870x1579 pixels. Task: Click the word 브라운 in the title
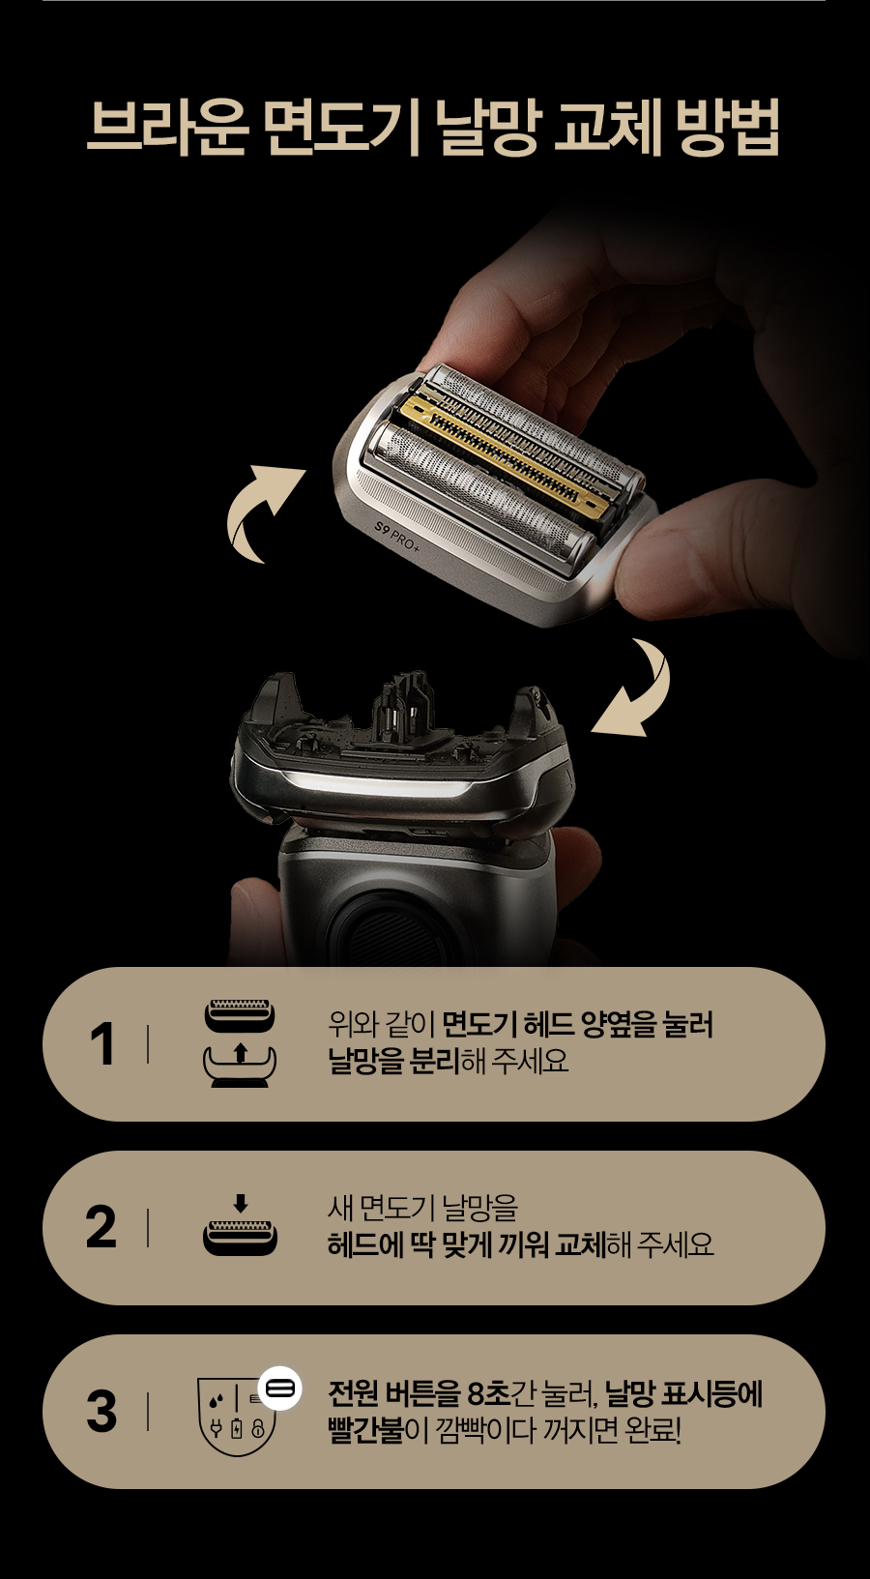167,128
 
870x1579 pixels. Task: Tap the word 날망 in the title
487,128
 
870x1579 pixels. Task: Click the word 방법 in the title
726,128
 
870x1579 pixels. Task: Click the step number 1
102,1044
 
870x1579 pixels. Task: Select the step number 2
101,1227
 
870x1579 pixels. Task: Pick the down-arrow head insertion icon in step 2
241,1224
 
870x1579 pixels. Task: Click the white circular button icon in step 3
279,1389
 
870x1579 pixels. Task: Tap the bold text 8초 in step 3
489,1393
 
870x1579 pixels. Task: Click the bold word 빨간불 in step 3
365,1431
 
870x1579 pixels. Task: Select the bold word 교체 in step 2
580,1244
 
